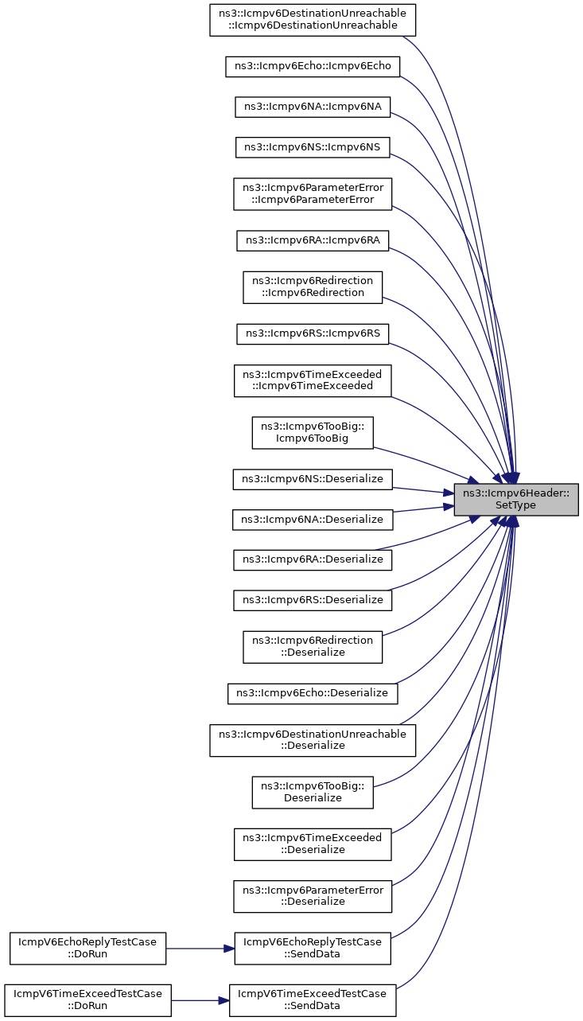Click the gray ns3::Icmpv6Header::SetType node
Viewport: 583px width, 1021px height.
point(516,499)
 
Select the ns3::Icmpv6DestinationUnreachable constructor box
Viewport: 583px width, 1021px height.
point(313,18)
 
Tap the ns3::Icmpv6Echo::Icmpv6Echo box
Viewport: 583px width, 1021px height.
point(313,66)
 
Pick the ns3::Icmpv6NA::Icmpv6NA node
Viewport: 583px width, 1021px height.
point(313,107)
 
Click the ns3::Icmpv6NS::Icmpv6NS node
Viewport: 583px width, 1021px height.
point(313,146)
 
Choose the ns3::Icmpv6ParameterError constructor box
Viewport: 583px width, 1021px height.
point(313,193)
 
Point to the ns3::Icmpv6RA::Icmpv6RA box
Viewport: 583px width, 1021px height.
point(313,240)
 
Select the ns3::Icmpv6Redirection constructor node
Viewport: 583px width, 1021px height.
point(313,286)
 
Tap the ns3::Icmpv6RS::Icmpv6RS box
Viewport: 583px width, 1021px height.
point(313,333)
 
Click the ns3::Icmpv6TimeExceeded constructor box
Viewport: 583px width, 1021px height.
point(313,380)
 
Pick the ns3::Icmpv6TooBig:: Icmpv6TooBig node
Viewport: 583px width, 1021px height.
point(313,432)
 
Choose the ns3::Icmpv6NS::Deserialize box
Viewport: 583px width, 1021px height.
point(313,479)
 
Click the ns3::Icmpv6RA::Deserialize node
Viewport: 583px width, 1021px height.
point(313,559)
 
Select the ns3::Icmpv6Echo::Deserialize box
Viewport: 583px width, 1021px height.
point(313,693)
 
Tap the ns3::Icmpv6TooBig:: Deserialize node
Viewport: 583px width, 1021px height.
point(313,792)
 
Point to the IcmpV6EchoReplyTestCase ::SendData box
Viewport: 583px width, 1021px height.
point(313,948)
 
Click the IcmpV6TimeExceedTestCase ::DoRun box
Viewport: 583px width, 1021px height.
point(88,1000)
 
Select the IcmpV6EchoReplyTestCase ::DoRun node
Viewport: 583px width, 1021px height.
point(88,948)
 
